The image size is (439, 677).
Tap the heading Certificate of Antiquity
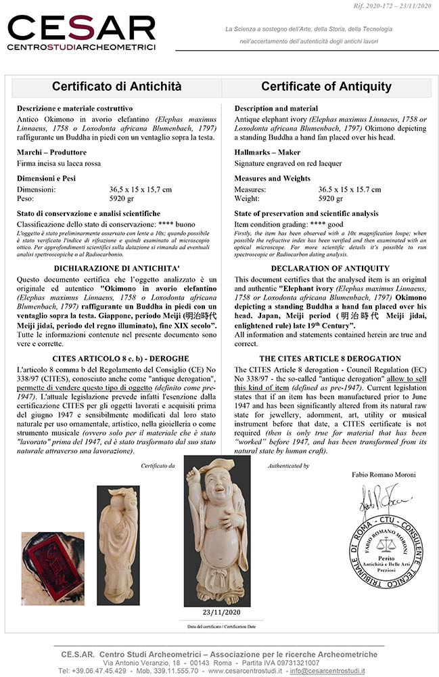pyautogui.click(x=326, y=87)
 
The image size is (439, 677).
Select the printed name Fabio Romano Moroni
pyautogui.click(x=384, y=475)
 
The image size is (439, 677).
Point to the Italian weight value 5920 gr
pyautogui.click(x=122, y=199)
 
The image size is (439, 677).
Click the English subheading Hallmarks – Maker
pyautogui.click(x=267, y=152)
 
